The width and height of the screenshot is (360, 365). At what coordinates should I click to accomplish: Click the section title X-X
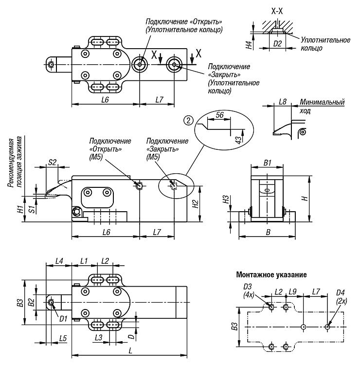click(277, 11)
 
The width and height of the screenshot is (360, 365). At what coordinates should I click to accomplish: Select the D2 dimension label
click(277, 43)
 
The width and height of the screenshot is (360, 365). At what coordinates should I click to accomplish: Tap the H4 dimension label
click(250, 45)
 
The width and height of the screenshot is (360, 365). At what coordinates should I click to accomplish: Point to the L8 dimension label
click(283, 102)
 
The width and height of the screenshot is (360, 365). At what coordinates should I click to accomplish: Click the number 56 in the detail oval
click(220, 115)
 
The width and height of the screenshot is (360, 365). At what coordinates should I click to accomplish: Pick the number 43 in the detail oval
click(238, 140)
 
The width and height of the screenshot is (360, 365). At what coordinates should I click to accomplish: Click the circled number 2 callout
click(188, 121)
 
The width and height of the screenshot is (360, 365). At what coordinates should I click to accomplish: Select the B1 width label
click(268, 163)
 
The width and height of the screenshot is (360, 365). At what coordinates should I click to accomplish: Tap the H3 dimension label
click(226, 200)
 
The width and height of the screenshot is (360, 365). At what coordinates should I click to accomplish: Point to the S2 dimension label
click(52, 162)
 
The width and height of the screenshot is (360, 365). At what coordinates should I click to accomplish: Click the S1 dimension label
click(32, 209)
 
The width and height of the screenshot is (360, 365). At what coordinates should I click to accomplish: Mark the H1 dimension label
click(21, 209)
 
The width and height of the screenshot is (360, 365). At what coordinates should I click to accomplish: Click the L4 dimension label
click(59, 261)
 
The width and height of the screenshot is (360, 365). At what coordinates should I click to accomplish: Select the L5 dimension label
click(63, 338)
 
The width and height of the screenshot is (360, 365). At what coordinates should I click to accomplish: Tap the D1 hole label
click(63, 319)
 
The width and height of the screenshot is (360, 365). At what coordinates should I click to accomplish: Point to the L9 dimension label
click(292, 292)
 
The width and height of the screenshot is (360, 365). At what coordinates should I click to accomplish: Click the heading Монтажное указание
click(271, 274)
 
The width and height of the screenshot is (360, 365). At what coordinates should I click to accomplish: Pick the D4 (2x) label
click(342, 297)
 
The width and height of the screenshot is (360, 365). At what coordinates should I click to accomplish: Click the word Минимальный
click(322, 102)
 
